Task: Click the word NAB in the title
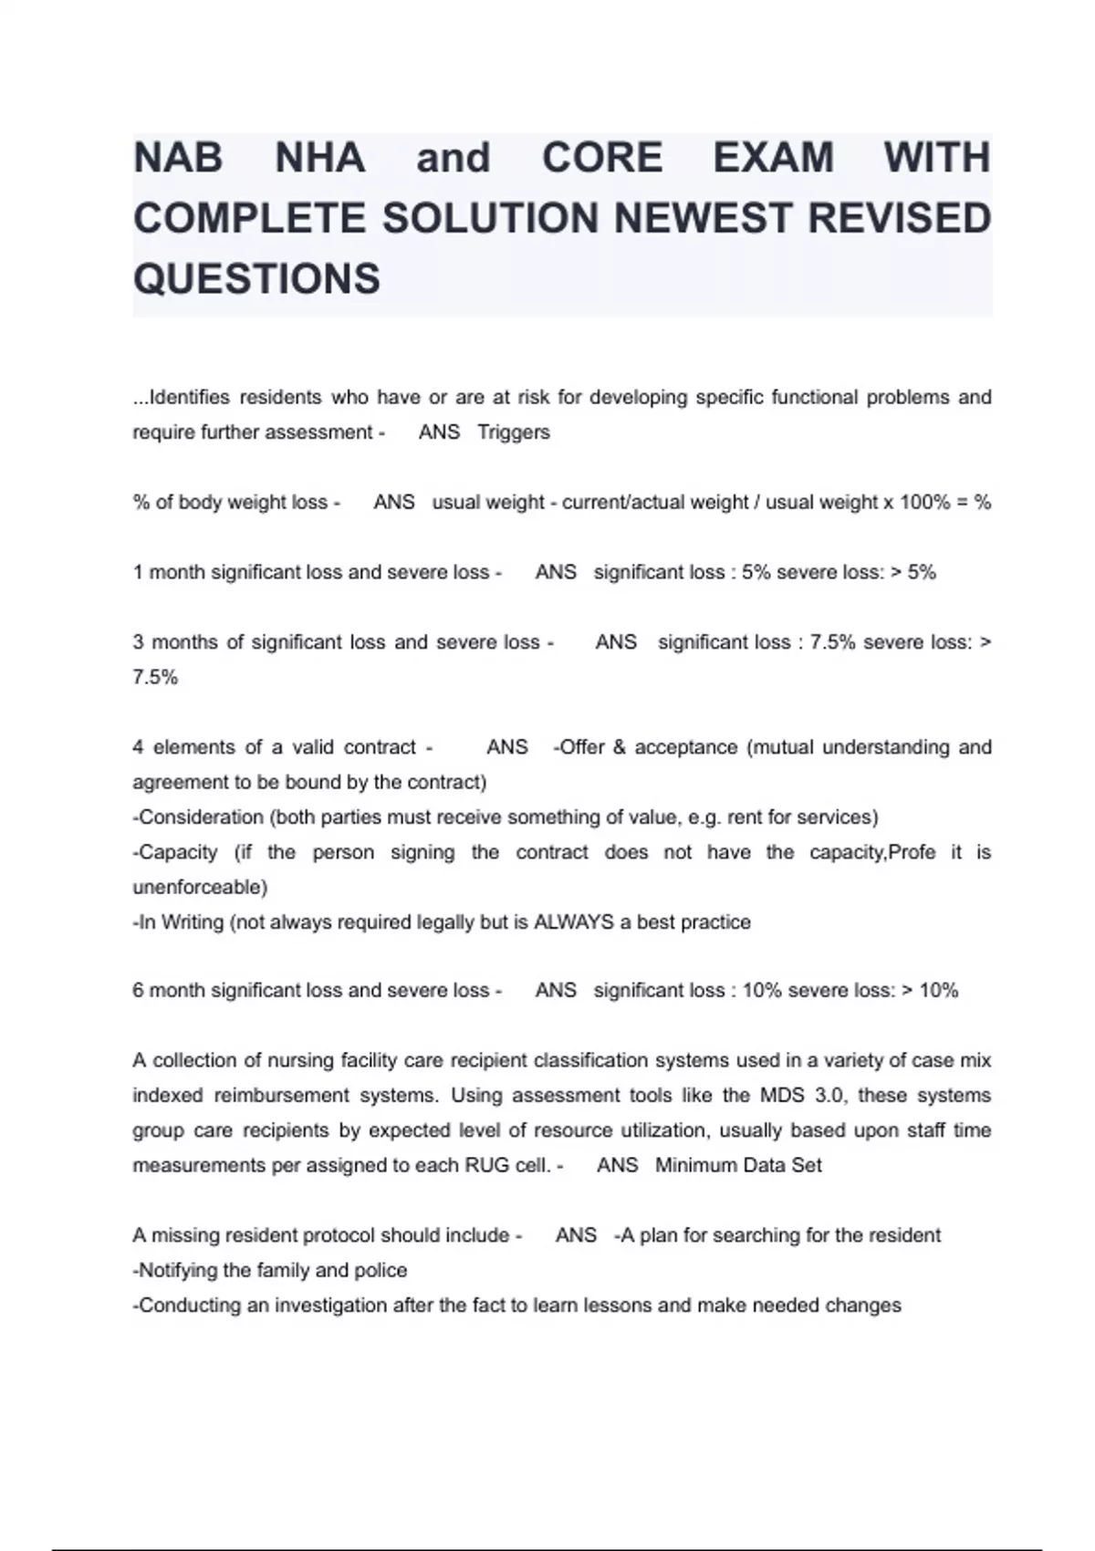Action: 178,158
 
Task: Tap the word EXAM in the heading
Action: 773,158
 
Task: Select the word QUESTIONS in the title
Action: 256,278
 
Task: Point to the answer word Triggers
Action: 514,432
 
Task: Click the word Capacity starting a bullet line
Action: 178,852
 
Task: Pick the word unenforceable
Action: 200,887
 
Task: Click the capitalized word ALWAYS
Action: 573,922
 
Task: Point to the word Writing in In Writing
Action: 193,922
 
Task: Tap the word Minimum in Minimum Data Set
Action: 693,1165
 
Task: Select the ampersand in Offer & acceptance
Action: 620,747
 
